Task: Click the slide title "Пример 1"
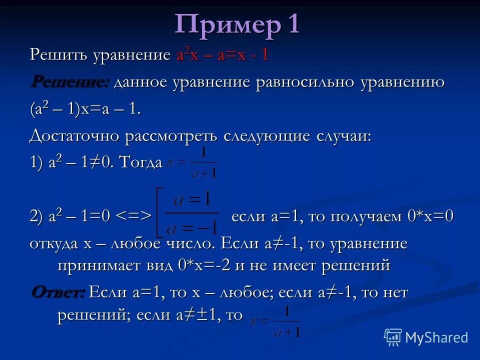[237, 24]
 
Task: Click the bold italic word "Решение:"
[70, 81]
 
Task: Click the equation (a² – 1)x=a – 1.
[84, 109]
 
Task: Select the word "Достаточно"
[73, 136]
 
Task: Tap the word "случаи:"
[344, 136]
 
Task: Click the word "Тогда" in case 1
[141, 162]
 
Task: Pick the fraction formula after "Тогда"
[193, 163]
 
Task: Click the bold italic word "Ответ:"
[58, 292]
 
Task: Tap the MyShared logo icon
[393, 337]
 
